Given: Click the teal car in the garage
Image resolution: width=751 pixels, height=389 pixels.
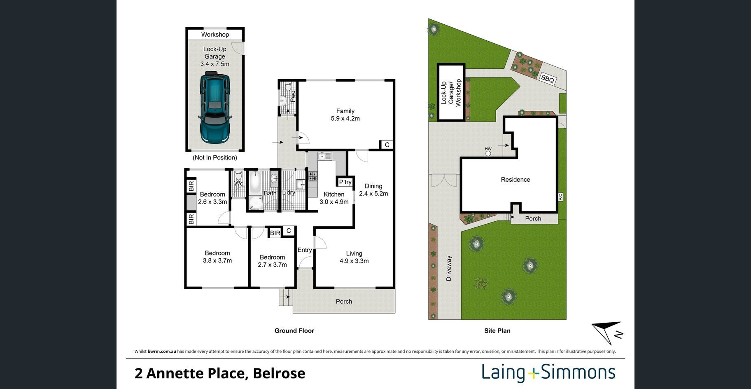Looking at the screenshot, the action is coord(215,108).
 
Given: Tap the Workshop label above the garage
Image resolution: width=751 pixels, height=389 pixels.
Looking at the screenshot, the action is coord(215,35).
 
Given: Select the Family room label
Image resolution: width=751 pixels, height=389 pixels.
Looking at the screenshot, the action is coord(345,111).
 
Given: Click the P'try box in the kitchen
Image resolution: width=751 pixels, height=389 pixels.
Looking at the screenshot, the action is coord(345,182).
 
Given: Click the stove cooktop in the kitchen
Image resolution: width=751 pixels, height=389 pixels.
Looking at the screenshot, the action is coord(313,176).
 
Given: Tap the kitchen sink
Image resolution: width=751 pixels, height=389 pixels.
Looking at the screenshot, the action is coord(324,156).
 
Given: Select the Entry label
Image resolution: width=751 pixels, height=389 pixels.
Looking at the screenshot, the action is coord(305,250).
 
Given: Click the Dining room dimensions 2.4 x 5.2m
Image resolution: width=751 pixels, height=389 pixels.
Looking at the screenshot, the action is coord(373,194).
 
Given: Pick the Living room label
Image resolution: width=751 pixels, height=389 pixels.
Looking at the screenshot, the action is coord(354,253).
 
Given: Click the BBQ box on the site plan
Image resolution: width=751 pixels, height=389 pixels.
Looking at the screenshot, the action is coord(548,79).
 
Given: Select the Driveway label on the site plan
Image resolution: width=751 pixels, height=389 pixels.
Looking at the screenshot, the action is coord(449,268).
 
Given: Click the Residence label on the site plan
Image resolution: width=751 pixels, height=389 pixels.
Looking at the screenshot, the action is coord(515,180).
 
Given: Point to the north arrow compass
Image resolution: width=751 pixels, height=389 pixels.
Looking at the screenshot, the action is coord(607,332).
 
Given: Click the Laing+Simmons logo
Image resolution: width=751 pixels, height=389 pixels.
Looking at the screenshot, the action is coord(548,373).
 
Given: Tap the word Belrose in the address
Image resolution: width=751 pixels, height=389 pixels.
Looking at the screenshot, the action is coord(279,373).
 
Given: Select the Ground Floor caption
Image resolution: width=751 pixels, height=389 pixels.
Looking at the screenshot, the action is coord(294,330).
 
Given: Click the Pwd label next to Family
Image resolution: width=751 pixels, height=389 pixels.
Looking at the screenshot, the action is coord(293,96).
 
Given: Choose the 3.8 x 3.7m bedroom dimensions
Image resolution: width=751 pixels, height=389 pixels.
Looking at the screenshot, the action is coord(217,260).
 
